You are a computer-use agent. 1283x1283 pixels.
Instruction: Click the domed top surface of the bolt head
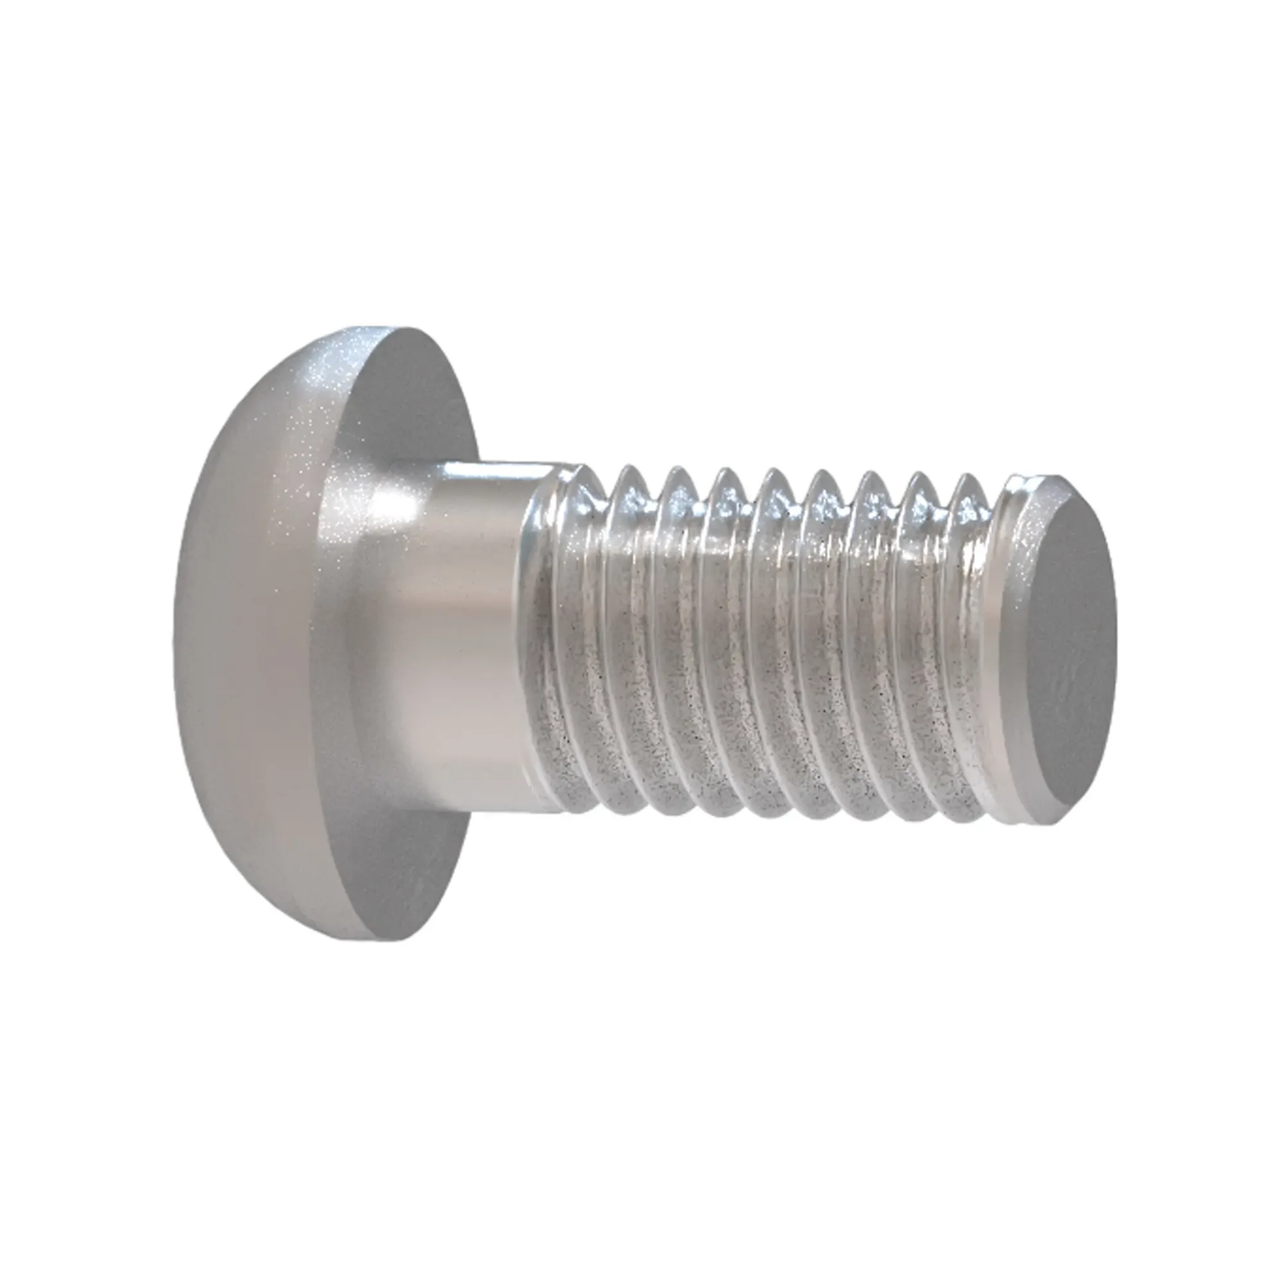coord(266,598)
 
